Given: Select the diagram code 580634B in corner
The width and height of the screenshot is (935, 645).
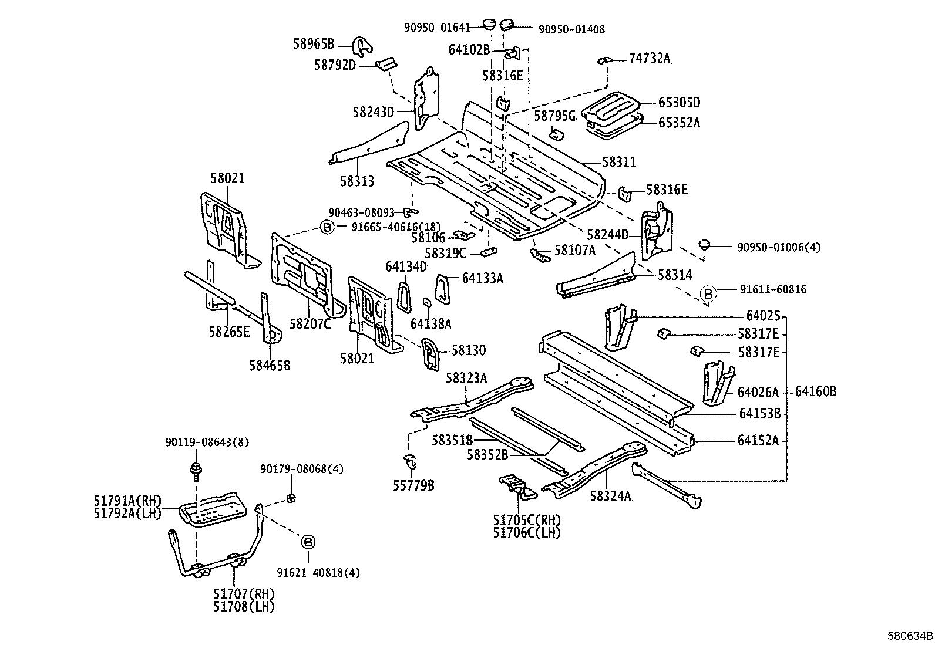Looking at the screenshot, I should pos(910,635).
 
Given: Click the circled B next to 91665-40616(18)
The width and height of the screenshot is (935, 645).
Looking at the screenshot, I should pos(327,227).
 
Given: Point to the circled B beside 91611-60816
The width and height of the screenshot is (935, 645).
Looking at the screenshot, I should pos(708,293).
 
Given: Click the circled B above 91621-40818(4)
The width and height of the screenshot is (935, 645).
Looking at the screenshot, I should pos(308,542).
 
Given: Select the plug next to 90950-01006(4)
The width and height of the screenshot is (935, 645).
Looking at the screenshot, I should pos(705,244).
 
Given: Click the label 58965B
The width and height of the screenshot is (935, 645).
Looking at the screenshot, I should pos(314,43).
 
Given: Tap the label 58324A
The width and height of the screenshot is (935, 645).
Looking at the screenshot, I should pos(610,497).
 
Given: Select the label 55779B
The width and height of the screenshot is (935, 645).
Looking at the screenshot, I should pos(413,485).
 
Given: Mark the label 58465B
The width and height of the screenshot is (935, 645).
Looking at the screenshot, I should pos(270,366).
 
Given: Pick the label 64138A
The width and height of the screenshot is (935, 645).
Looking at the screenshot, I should pos(430,323).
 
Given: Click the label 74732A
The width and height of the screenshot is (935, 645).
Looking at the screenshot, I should pos(649,58).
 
